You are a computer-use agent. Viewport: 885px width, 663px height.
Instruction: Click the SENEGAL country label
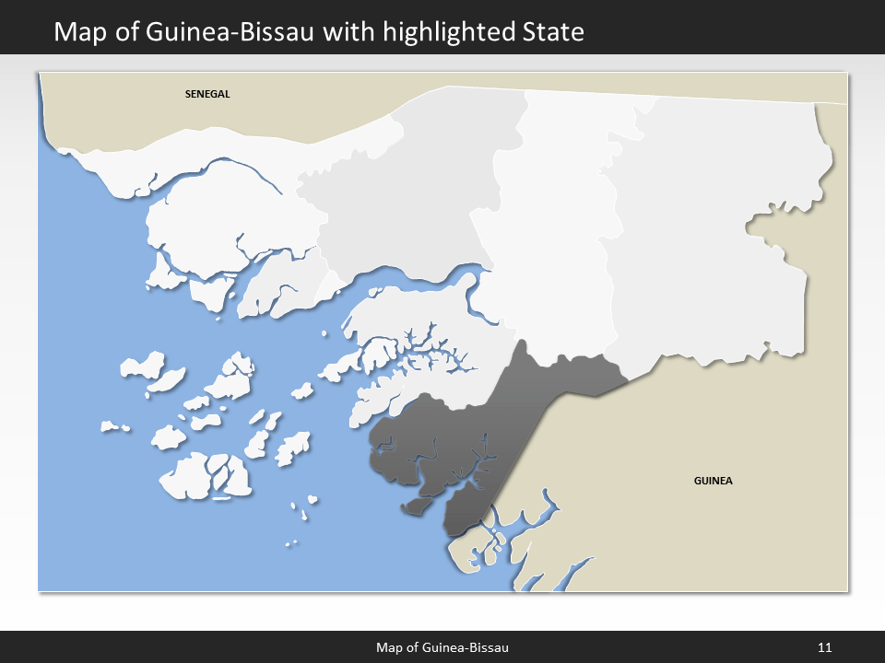[x=206, y=94]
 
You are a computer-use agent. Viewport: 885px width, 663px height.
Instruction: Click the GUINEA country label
[x=713, y=481]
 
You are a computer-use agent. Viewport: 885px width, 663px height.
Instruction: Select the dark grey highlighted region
[x=479, y=424]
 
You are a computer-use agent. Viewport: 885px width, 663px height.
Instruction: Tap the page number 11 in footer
[x=825, y=647]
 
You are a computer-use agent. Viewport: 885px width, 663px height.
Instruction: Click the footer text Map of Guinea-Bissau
[x=442, y=647]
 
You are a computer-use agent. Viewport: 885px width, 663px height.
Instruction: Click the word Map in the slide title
[x=77, y=32]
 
